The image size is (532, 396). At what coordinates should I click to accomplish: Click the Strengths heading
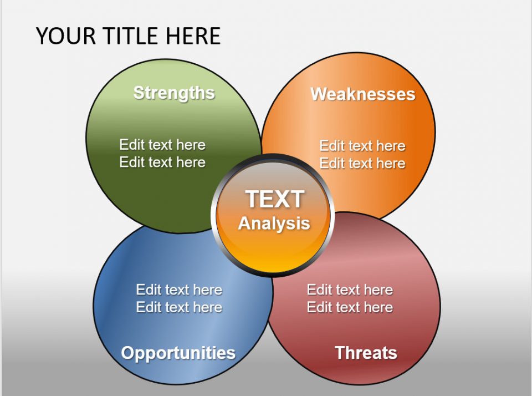[173, 93]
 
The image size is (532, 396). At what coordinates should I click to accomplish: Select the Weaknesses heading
[362, 94]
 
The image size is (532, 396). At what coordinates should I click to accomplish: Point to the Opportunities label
[178, 353]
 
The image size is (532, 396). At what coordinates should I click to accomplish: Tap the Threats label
[366, 353]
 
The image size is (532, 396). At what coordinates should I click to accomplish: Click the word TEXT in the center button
[274, 199]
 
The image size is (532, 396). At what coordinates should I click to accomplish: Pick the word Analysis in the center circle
[274, 224]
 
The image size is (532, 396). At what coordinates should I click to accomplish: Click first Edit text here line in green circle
[162, 145]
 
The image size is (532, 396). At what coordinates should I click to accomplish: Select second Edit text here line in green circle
[162, 163]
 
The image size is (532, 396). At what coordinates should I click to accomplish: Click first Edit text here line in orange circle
[362, 146]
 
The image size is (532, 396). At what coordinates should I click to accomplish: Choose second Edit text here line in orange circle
[362, 164]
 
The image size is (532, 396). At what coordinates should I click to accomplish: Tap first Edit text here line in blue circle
[179, 290]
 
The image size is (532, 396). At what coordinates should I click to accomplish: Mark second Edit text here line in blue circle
[179, 307]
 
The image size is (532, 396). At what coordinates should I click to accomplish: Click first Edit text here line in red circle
[350, 290]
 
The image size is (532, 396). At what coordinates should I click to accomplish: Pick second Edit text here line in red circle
[350, 307]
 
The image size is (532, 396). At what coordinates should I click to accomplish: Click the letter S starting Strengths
[139, 93]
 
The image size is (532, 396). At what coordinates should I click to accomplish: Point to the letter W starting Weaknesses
[318, 94]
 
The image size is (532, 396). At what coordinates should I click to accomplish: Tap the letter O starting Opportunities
[127, 353]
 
